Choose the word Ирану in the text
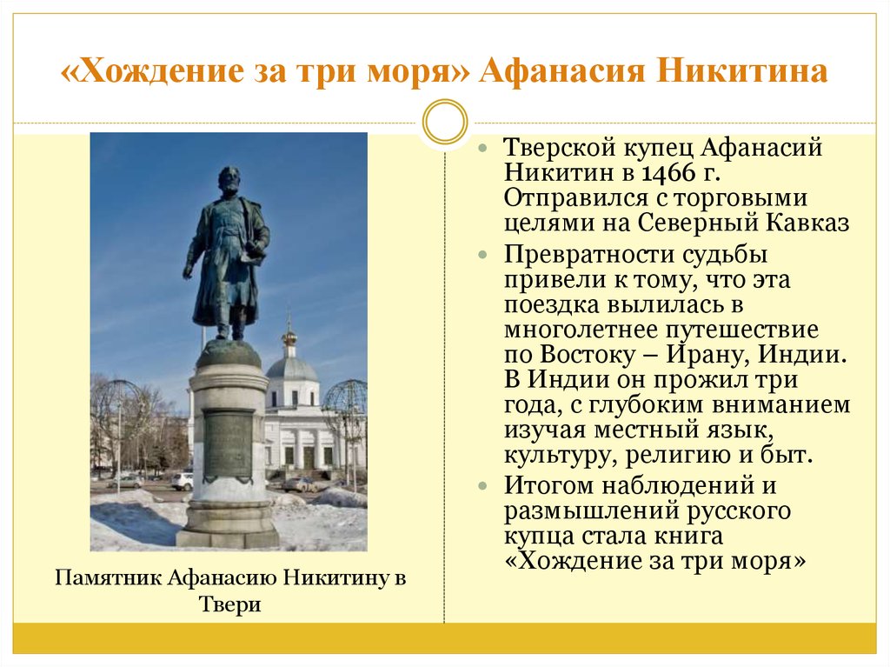tap(707, 355)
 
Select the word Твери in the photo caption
tap(230, 604)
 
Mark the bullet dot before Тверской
tap(483, 148)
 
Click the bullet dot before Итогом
tap(483, 486)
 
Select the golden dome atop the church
tap(290, 337)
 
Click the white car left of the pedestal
tap(183, 481)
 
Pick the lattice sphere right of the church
tap(345, 406)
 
